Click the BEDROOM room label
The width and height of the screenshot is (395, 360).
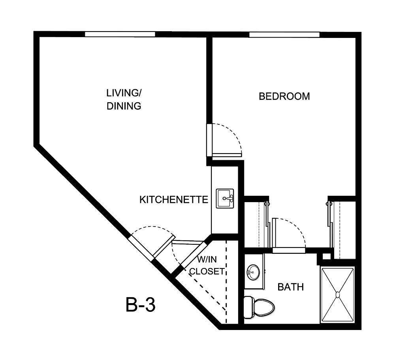pyautogui.click(x=284, y=96)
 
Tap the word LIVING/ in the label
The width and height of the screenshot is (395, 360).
pyautogui.click(x=124, y=93)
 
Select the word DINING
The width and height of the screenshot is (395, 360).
pyautogui.click(x=124, y=106)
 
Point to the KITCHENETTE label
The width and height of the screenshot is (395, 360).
pyautogui.click(x=174, y=200)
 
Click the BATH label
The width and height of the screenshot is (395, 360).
pyautogui.click(x=291, y=287)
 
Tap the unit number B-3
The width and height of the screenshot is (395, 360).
pyautogui.click(x=141, y=305)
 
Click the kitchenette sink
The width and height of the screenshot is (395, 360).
pyautogui.click(x=225, y=199)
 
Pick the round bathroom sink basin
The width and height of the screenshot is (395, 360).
pyautogui.click(x=253, y=271)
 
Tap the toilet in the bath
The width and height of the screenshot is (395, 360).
pyautogui.click(x=259, y=307)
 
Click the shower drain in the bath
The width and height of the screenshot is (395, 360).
pyautogui.click(x=337, y=294)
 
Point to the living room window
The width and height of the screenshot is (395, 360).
pyautogui.click(x=120, y=34)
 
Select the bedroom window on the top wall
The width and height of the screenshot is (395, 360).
pyautogui.click(x=284, y=34)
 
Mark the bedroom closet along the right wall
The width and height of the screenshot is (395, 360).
pyautogui.click(x=343, y=229)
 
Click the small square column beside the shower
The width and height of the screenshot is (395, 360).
pyautogui.click(x=325, y=257)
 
